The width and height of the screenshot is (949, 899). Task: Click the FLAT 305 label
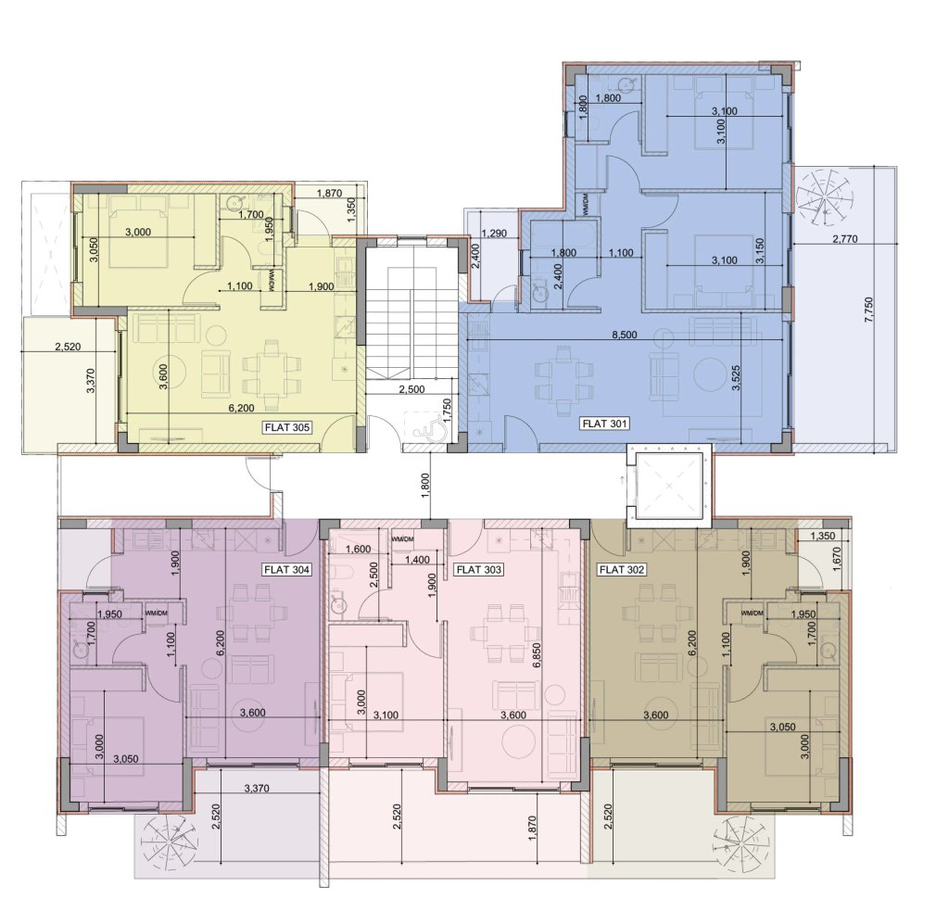287,427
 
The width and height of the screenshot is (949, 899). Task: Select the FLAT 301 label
603,424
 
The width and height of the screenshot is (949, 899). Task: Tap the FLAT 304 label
287,570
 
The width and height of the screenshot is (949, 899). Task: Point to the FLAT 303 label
478,570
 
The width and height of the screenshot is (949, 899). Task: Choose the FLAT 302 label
621,570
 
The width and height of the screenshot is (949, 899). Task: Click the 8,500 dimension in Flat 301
625,335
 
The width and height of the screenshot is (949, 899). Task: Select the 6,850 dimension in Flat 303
536,655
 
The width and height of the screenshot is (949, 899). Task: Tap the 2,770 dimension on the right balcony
845,239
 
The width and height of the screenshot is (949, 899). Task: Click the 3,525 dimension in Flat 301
736,376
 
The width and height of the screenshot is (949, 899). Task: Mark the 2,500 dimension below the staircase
411,389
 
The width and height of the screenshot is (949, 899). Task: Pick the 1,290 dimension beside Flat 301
495,233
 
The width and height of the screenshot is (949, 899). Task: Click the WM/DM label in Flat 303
402,538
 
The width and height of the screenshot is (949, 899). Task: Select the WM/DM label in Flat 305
267,280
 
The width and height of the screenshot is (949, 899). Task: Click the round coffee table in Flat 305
216,335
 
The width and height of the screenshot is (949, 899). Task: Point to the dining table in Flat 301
563,380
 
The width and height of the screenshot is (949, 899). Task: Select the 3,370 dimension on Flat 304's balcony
257,788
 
